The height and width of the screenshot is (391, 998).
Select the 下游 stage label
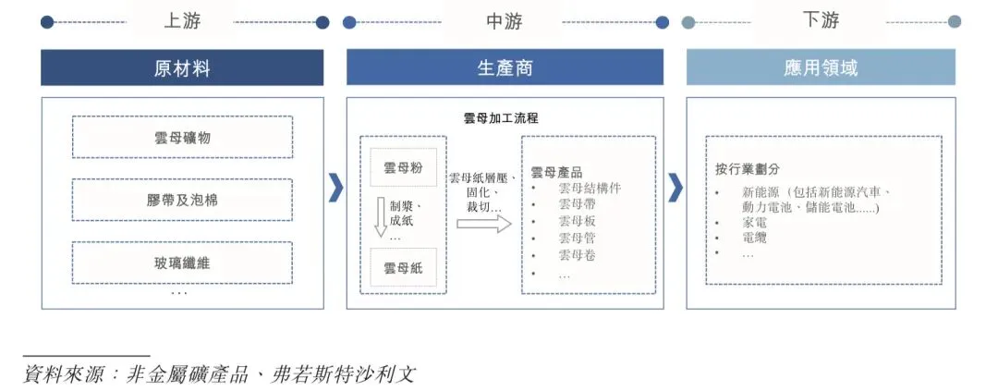(x=821, y=20)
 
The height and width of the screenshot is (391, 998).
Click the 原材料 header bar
(x=182, y=68)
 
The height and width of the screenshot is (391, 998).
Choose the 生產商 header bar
(x=505, y=68)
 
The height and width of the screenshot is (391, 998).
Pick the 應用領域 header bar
(x=821, y=68)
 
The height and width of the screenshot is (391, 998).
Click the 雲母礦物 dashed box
(x=182, y=138)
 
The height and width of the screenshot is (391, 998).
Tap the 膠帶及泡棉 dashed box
(x=182, y=200)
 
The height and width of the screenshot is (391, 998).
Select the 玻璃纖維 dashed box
(x=182, y=263)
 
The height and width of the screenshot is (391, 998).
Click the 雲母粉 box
(x=403, y=168)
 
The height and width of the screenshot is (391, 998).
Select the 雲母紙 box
(x=403, y=269)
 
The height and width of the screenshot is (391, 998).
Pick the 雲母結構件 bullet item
(x=590, y=188)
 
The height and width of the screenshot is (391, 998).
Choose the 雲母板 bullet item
(x=577, y=221)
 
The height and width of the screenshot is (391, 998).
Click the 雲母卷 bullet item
(x=577, y=254)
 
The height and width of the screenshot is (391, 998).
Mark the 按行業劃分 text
(x=748, y=169)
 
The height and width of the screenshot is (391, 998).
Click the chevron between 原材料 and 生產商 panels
(x=335, y=188)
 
